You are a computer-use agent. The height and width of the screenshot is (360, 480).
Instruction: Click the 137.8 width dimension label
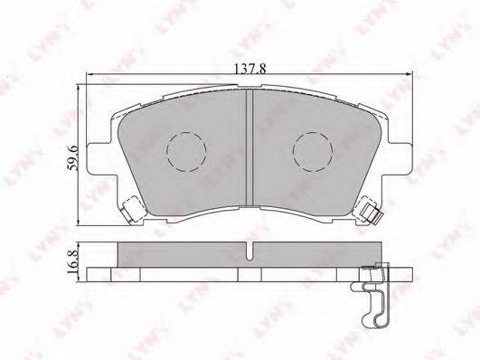coord(249,69)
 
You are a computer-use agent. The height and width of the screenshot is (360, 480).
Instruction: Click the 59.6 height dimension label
coord(73,157)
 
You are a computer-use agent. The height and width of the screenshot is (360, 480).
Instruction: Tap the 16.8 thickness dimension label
coord(72,261)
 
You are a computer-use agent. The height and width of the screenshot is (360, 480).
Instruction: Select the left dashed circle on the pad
coord(186,152)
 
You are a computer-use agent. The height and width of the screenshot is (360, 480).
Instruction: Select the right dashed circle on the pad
coord(313,152)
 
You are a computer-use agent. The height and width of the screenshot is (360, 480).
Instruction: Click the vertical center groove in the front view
coord(249,147)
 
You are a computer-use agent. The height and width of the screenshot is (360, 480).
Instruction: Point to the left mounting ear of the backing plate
coord(102,158)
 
